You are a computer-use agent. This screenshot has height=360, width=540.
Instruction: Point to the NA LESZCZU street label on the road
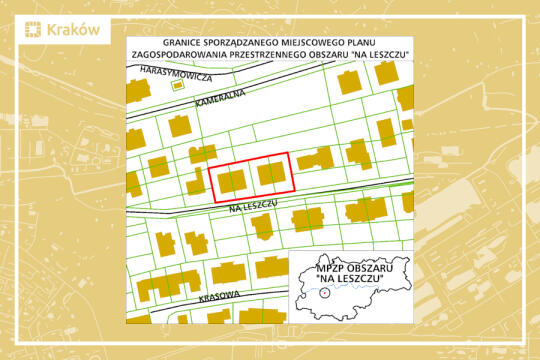click(251, 204)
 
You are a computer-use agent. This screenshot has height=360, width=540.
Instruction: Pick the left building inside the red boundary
click(231, 180)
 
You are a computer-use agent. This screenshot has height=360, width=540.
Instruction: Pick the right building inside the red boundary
click(271, 174)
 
